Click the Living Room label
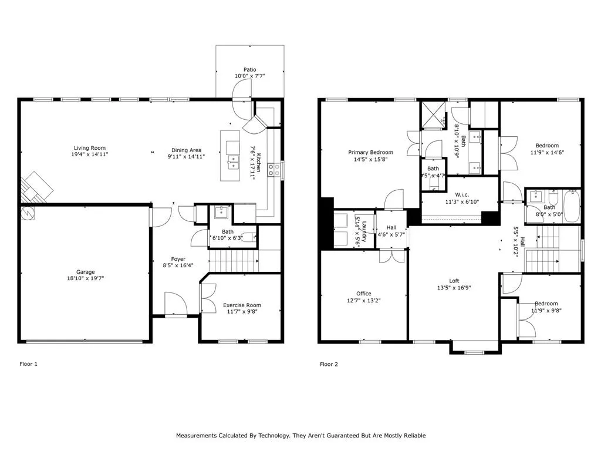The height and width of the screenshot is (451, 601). click(90, 148)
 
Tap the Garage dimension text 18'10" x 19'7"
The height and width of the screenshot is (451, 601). click(85, 280)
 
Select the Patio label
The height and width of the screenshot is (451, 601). click(250, 70)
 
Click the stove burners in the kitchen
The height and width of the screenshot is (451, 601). click(274, 170)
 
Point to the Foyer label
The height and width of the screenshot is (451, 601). click(178, 259)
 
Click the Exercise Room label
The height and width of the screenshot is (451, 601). click(242, 305)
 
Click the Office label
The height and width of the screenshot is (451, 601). click(364, 294)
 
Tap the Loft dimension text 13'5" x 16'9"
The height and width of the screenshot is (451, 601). click(454, 288)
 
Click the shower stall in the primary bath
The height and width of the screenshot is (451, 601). click(434, 115)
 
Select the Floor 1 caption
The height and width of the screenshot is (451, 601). click(28, 364)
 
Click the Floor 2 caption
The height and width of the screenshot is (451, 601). click(329, 364)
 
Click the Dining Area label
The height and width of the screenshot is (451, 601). click(188, 150)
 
